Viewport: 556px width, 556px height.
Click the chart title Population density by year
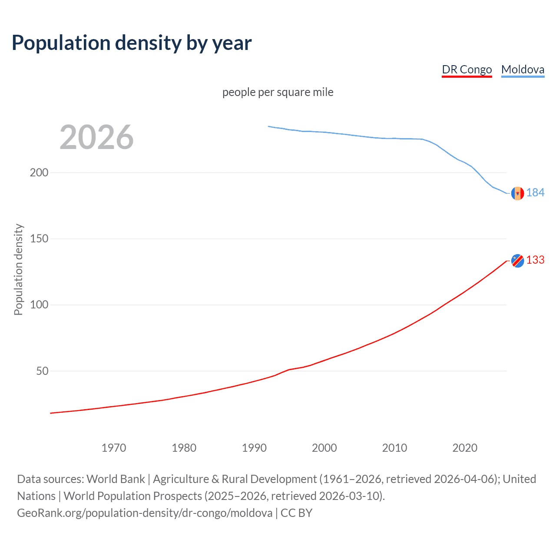click(132, 43)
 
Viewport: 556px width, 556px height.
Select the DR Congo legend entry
click(467, 69)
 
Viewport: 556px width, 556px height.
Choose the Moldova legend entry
click(523, 69)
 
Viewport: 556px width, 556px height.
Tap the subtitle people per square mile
click(278, 92)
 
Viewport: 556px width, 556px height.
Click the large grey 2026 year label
click(96, 137)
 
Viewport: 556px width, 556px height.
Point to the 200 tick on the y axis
click(39, 172)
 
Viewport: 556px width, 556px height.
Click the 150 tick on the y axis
click(39, 238)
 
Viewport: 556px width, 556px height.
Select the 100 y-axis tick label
click(39, 304)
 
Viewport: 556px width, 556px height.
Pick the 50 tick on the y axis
click(42, 371)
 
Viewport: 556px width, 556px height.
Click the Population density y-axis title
click(18, 269)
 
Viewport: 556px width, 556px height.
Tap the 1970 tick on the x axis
click(114, 448)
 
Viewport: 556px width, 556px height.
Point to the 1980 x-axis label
click(184, 448)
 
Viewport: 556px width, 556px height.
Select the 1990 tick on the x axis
click(254, 448)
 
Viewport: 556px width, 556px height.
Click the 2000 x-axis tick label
click(324, 448)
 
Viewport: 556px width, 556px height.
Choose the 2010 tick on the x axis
click(394, 448)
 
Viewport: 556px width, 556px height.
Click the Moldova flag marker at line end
click(517, 193)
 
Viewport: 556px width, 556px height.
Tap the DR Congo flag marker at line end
click(517, 261)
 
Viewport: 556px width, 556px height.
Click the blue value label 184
click(535, 192)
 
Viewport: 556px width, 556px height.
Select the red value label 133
click(535, 260)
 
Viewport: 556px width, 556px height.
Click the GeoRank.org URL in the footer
click(145, 513)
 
